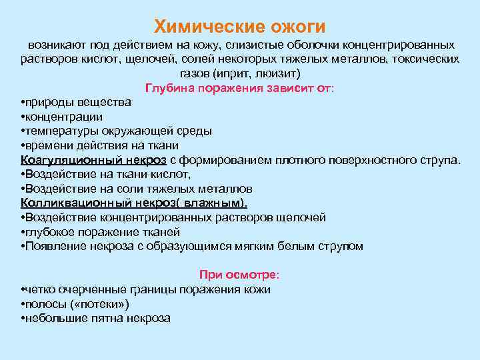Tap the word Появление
(52, 246)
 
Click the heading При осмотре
(239, 275)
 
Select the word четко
(39, 289)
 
